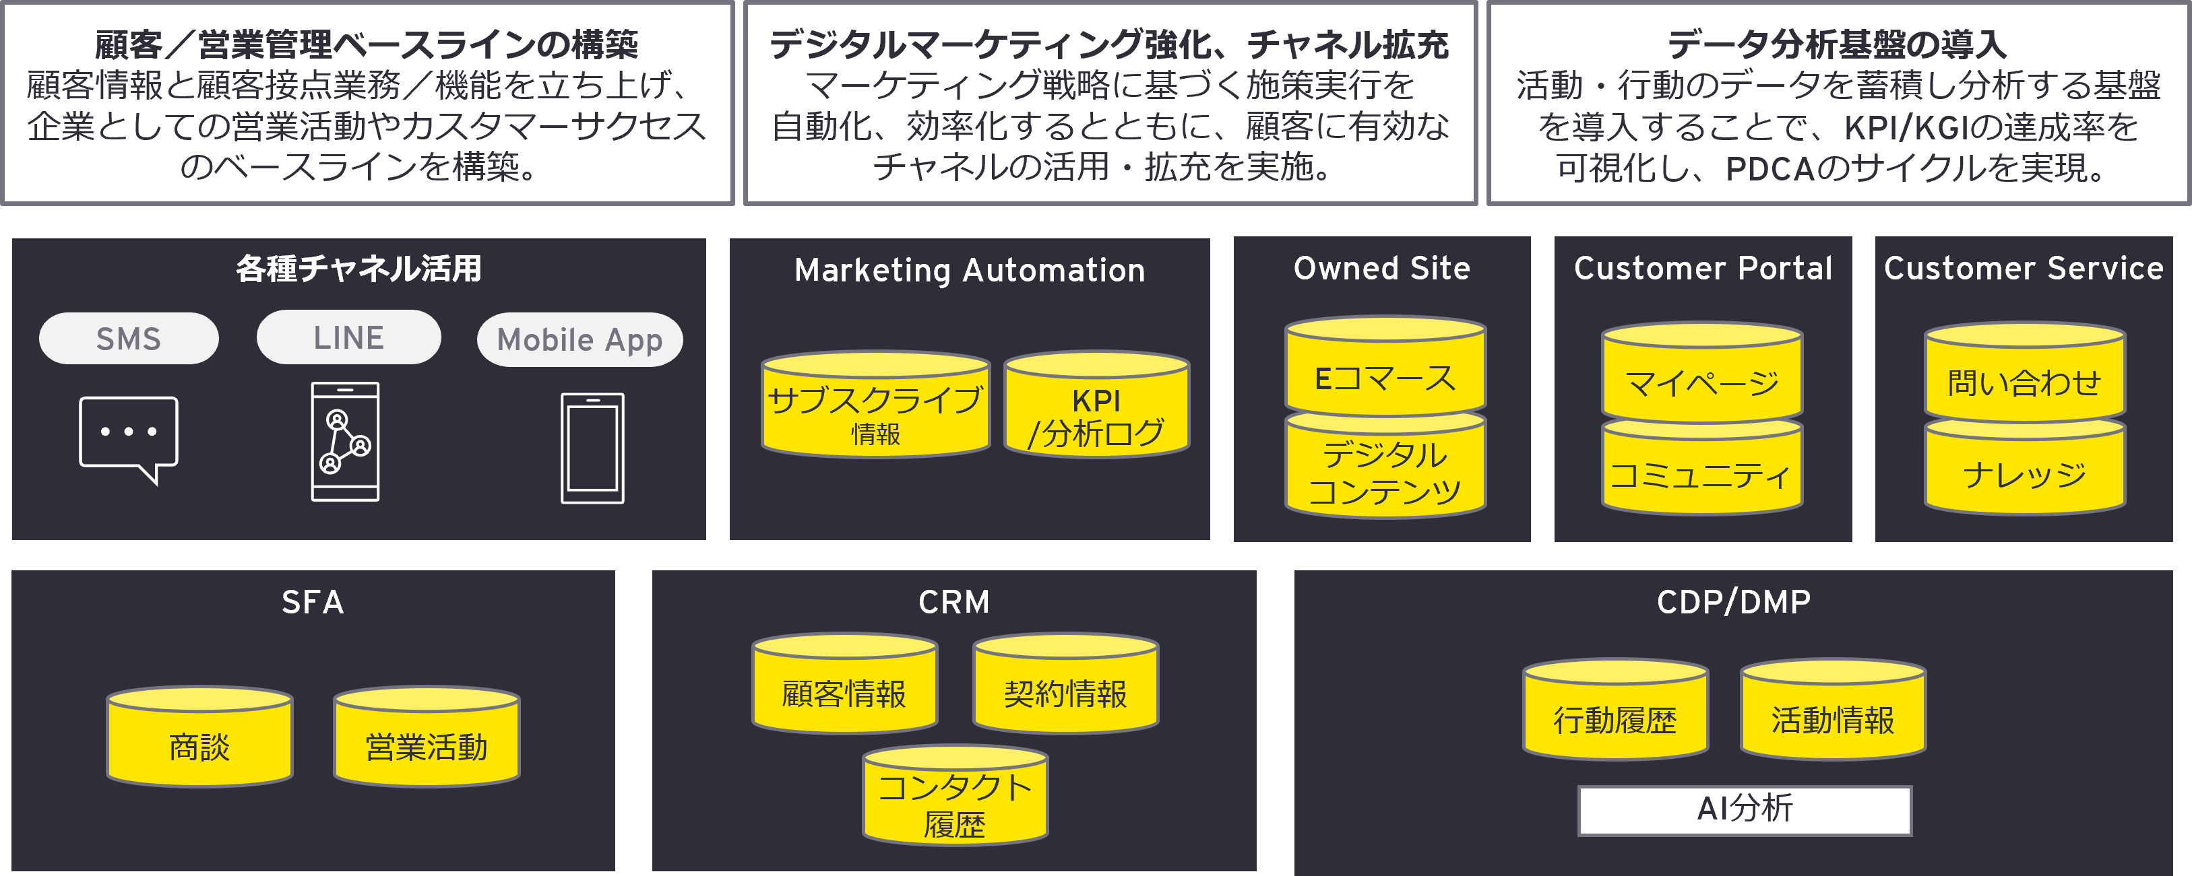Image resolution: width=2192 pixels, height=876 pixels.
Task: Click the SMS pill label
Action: coord(129,339)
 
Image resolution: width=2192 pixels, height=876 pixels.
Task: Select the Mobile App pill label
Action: coord(580,340)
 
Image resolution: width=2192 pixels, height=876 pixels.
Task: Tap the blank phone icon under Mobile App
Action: coord(592,448)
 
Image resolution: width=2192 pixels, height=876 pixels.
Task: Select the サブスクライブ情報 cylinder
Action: coord(875,408)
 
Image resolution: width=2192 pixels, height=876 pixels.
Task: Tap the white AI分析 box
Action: coord(1745,809)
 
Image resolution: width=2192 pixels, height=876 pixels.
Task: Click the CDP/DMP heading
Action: coord(1733,602)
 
